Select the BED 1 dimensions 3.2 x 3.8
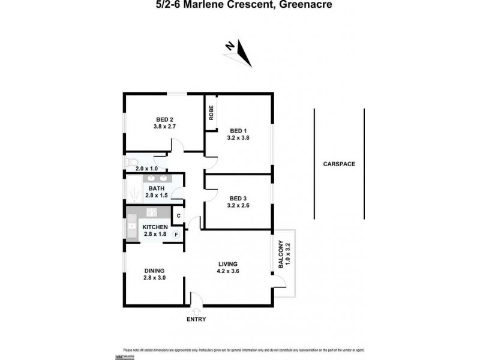(x=239, y=137)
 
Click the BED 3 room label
(x=238, y=199)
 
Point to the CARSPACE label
(x=338, y=163)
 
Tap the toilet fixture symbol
(x=133, y=162)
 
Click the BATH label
(x=156, y=188)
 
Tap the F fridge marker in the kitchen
(x=176, y=234)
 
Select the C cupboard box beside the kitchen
(x=178, y=215)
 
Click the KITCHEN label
(x=155, y=227)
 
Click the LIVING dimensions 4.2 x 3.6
(x=228, y=271)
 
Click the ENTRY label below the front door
(x=196, y=319)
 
